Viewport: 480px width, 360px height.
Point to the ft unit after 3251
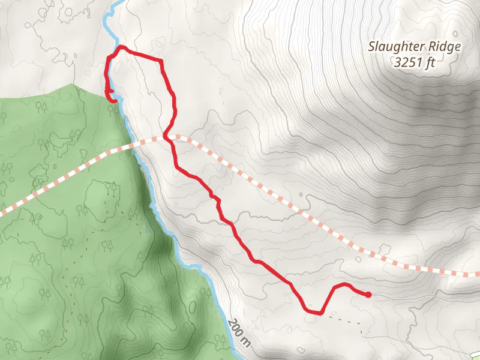tap(430, 62)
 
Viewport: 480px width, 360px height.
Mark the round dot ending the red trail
tap(368, 295)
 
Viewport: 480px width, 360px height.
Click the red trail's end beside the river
tap(114, 101)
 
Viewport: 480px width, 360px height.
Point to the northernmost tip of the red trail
tap(122, 46)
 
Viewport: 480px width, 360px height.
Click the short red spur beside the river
tap(110, 91)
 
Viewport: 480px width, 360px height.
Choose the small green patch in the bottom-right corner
tap(476, 355)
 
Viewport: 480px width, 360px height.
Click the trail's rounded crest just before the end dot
tap(342, 284)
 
